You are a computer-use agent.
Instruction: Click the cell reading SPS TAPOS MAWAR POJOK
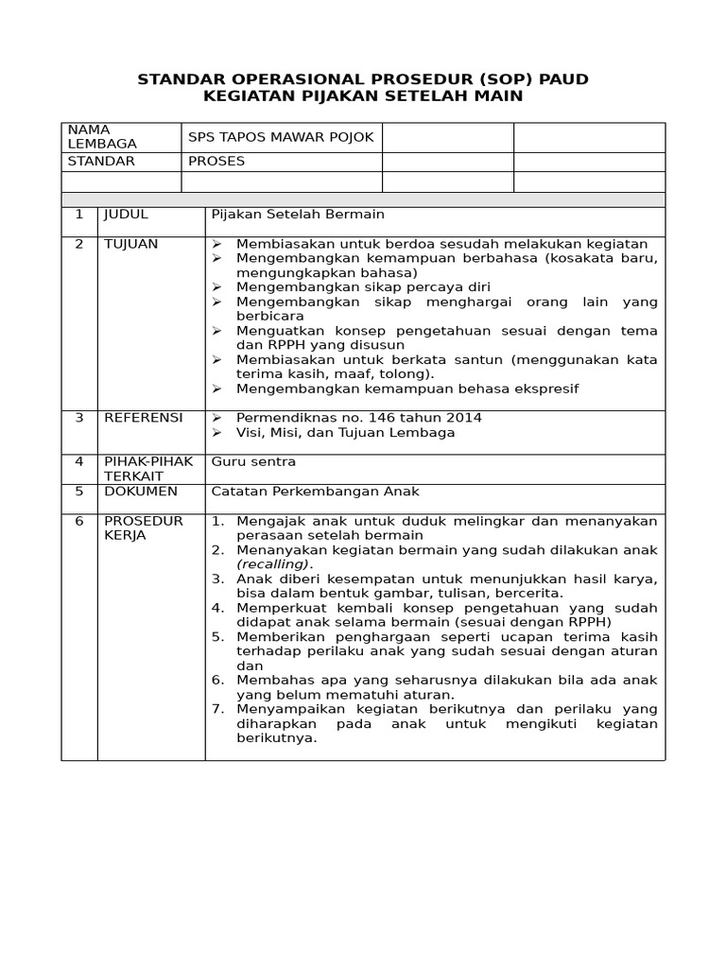(x=281, y=137)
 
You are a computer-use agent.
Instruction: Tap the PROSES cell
(x=216, y=161)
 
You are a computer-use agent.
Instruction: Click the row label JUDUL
(x=126, y=215)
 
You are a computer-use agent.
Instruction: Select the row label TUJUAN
(x=130, y=244)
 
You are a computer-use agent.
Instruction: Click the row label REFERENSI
(x=144, y=417)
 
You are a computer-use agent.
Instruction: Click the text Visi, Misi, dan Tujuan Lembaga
(x=345, y=432)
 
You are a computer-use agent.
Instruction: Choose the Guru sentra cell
(x=253, y=461)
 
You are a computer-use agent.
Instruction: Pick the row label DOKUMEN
(x=140, y=491)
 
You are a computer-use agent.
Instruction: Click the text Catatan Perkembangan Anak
(x=315, y=491)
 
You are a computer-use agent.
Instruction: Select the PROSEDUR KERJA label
(x=143, y=527)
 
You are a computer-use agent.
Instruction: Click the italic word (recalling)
(x=273, y=563)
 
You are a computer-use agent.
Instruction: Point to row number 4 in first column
(x=79, y=461)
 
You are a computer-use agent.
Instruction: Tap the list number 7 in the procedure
(x=217, y=709)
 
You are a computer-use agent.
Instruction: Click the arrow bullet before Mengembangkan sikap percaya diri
(x=216, y=287)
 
